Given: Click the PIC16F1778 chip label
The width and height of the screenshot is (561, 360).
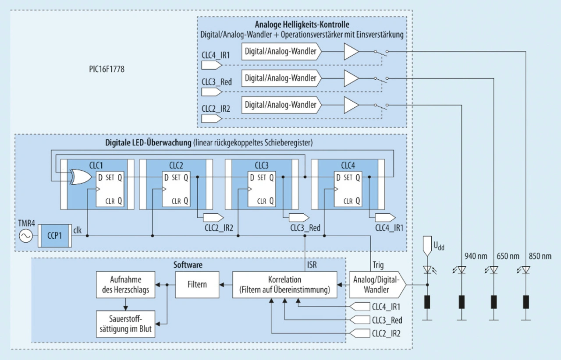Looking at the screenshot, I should (x=106, y=69).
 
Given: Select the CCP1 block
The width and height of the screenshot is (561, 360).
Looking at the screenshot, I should (x=54, y=236).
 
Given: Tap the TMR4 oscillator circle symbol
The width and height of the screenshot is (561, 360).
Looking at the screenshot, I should (x=26, y=236).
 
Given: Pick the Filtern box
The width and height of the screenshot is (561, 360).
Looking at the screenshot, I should (x=197, y=285).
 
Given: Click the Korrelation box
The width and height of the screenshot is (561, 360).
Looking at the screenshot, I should (x=285, y=285).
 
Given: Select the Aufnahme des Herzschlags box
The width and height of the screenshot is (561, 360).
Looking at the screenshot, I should (x=126, y=285).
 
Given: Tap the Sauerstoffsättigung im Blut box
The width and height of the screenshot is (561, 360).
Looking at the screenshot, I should (x=126, y=324).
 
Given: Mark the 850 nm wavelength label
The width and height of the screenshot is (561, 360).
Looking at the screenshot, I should (x=540, y=256).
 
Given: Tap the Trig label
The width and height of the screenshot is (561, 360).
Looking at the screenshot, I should (x=378, y=265).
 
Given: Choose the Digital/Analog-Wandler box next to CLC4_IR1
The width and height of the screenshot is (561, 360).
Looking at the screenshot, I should (x=281, y=52).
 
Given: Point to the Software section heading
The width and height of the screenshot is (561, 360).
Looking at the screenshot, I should (x=188, y=265).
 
